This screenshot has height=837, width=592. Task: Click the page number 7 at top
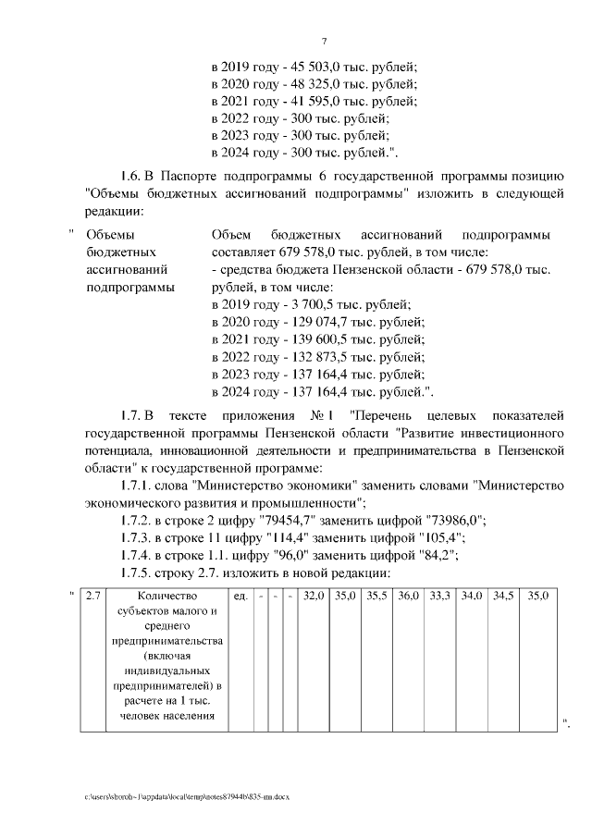[324, 41]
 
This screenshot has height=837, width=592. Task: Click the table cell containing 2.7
[92, 597]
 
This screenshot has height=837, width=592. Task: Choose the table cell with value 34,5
[503, 597]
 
